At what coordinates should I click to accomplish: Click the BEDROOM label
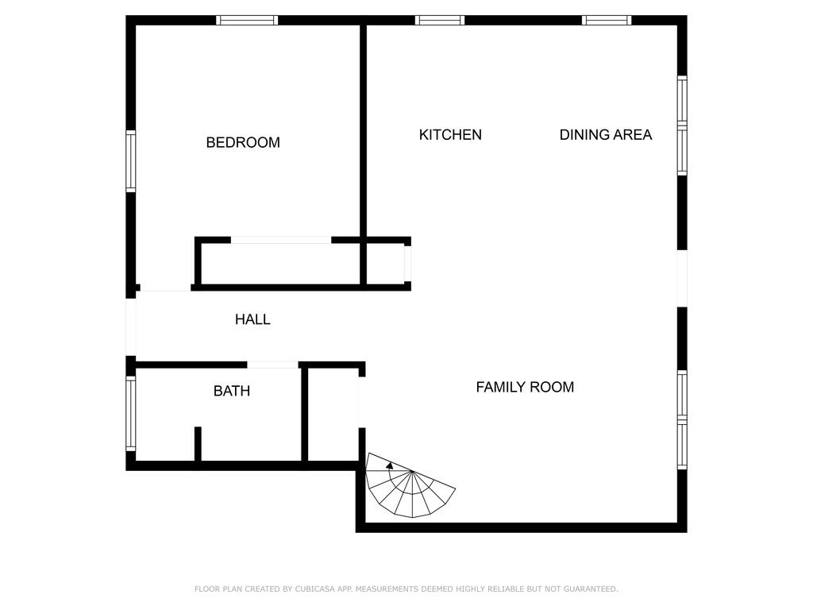(243, 143)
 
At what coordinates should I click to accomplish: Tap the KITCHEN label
(450, 135)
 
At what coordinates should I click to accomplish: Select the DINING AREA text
(606, 135)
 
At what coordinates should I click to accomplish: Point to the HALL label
(252, 320)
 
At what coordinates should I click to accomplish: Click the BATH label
(232, 392)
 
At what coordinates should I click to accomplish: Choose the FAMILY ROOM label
(525, 388)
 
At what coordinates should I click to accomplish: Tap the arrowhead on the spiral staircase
(389, 465)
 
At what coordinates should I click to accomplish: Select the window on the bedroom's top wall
(247, 21)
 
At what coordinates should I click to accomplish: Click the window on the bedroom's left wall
(131, 161)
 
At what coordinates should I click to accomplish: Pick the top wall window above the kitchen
(440, 21)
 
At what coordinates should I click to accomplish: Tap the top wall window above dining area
(607, 21)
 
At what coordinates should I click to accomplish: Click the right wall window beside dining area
(682, 125)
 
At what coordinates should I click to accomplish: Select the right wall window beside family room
(682, 419)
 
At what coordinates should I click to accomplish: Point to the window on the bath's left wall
(131, 413)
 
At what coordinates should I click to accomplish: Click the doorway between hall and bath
(272, 365)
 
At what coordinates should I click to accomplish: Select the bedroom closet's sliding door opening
(281, 240)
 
